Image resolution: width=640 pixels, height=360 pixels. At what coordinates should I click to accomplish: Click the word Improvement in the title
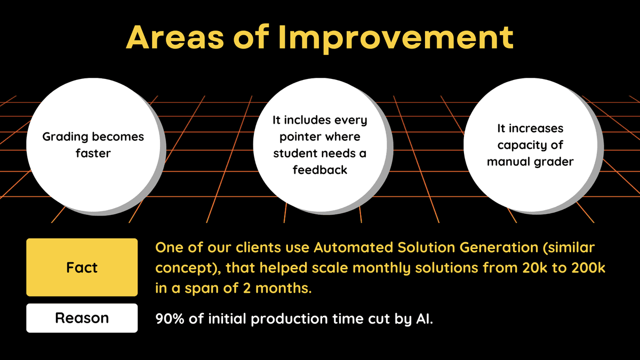(396, 38)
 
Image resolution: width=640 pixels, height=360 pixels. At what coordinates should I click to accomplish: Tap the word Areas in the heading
(175, 37)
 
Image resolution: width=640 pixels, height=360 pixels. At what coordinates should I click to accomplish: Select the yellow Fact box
(82, 267)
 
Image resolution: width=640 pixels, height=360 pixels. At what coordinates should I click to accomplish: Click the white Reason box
(82, 318)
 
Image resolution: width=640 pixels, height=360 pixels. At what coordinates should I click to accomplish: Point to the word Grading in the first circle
(66, 137)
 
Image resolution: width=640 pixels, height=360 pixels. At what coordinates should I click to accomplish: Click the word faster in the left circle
(93, 154)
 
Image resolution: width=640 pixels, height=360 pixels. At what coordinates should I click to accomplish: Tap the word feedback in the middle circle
(320, 170)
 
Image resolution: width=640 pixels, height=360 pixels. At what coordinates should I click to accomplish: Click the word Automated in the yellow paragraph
(353, 247)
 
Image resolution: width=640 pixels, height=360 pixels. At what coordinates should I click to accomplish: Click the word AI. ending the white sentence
(425, 318)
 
